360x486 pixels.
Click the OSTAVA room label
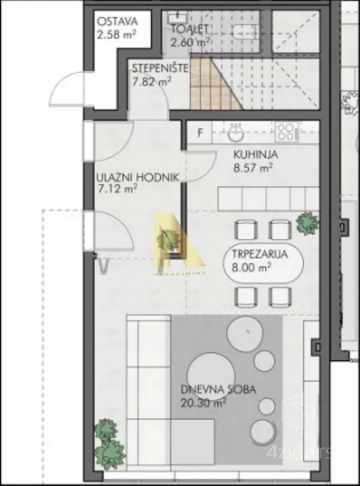(117, 22)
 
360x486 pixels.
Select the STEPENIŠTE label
(160, 69)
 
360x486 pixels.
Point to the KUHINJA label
(256, 155)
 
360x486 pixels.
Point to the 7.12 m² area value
(117, 189)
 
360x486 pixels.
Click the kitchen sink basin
(235, 132)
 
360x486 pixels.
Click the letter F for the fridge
(200, 133)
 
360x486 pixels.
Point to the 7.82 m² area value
(152, 81)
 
